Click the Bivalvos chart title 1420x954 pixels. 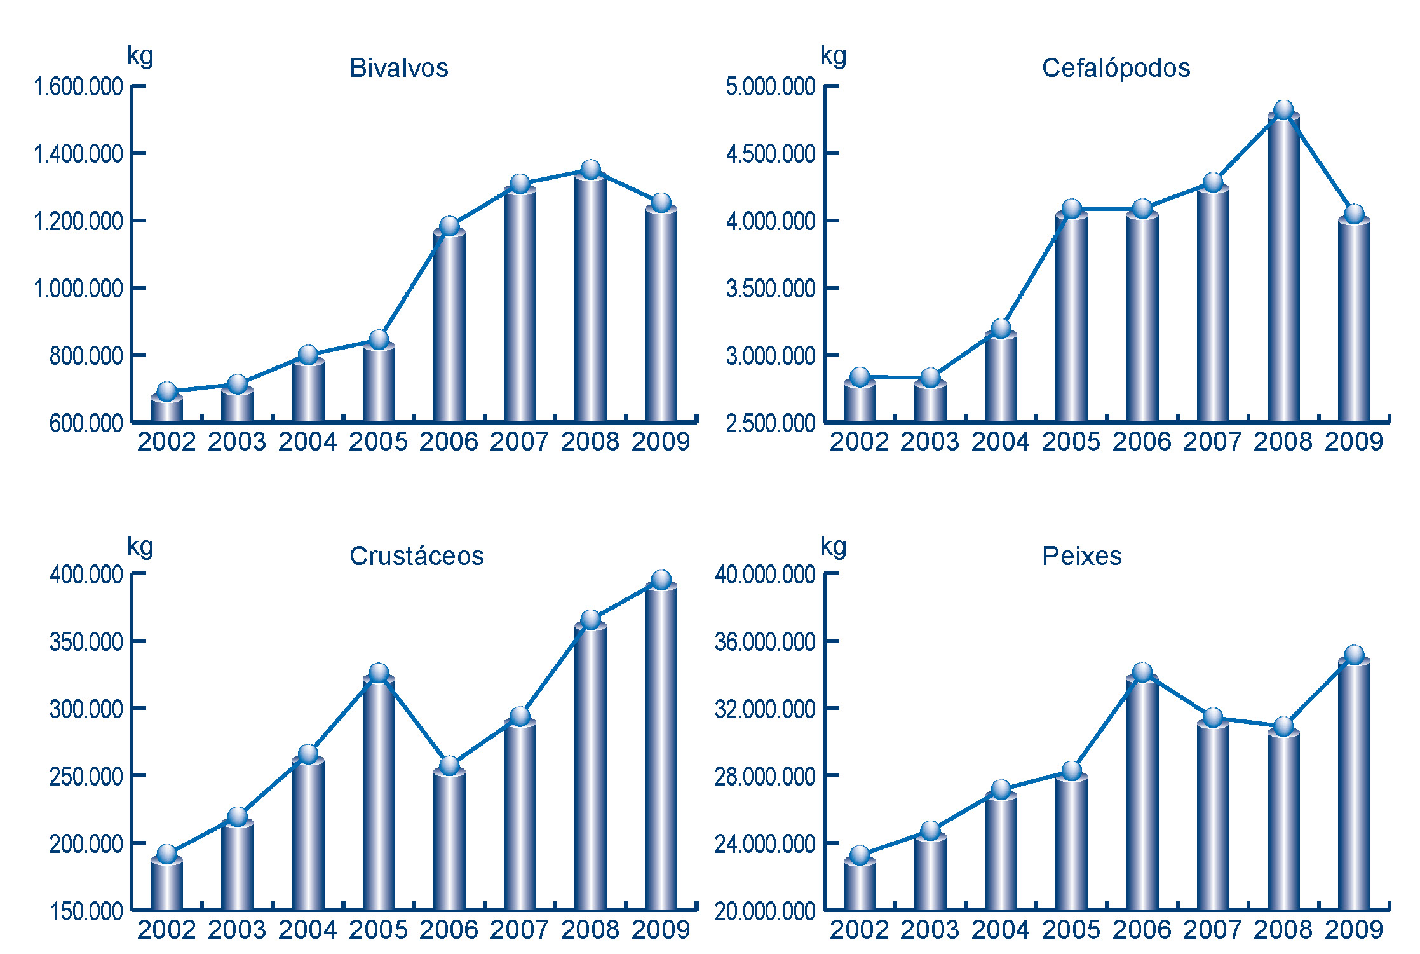coord(399,68)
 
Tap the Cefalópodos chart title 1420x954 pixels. coord(1116,68)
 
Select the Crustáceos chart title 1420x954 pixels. coord(416,556)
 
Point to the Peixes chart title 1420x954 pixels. coord(1081,556)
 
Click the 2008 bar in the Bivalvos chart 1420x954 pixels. coord(590,299)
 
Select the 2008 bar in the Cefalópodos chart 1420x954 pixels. coord(1283,267)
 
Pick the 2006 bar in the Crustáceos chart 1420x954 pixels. coord(449,839)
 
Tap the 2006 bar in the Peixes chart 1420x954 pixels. coord(1142,794)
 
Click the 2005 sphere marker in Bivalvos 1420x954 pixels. coord(379,339)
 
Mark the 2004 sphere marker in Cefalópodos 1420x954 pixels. coord(1001,329)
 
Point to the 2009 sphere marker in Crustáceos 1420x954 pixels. coord(661,580)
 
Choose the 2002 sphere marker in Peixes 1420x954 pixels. coord(860,855)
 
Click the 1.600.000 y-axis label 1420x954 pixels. coord(78,86)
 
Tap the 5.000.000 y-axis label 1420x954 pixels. coord(771,86)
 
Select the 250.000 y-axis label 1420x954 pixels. coord(86,776)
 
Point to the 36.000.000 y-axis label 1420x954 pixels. coord(765,641)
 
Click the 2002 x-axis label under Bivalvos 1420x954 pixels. coord(166,442)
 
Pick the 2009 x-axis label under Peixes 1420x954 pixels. coord(1353,930)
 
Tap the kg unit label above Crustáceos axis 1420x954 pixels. coord(140,547)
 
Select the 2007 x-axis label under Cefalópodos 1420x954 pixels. coord(1212,442)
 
